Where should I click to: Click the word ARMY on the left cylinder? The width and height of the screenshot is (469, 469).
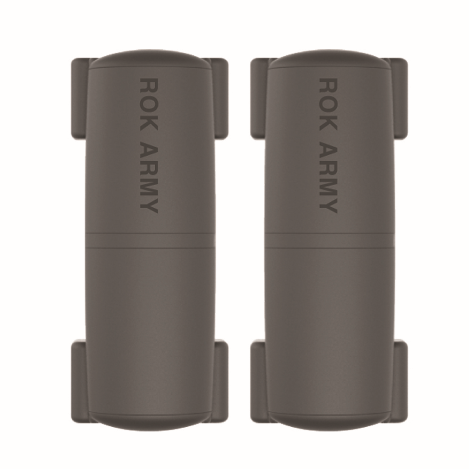click(x=149, y=177)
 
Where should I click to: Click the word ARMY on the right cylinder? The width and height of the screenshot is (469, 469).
click(x=328, y=177)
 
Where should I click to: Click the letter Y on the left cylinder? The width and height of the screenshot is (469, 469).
click(x=149, y=205)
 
